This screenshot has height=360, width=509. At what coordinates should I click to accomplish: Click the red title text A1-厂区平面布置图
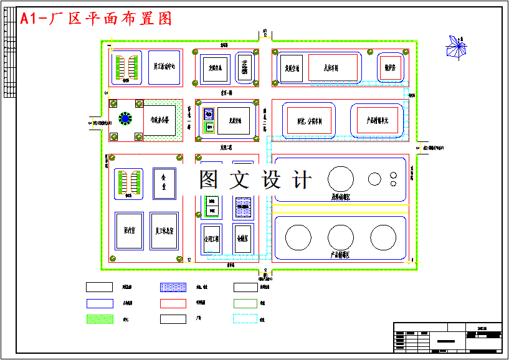click(96, 19)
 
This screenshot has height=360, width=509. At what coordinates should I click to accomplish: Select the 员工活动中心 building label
click(164, 65)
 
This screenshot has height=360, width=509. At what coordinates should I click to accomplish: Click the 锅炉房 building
click(391, 68)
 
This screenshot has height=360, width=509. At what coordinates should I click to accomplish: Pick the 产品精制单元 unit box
click(378, 120)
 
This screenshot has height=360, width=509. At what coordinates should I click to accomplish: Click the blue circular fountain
click(125, 118)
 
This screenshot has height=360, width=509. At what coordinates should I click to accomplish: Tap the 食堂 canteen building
click(164, 183)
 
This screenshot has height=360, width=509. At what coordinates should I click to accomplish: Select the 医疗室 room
click(130, 230)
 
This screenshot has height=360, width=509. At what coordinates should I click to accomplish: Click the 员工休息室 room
click(164, 230)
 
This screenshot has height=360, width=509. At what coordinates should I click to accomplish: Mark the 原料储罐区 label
click(340, 197)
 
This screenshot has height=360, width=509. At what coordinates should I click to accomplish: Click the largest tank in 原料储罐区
click(340, 178)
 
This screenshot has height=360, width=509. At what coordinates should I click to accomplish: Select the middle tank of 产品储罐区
click(340, 237)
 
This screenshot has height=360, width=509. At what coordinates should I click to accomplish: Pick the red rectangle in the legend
click(173, 303)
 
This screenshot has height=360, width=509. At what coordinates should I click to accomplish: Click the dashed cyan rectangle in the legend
click(245, 319)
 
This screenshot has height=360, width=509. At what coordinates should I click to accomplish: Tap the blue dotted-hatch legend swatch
click(173, 288)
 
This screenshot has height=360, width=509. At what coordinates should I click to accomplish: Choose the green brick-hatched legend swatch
click(98, 319)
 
